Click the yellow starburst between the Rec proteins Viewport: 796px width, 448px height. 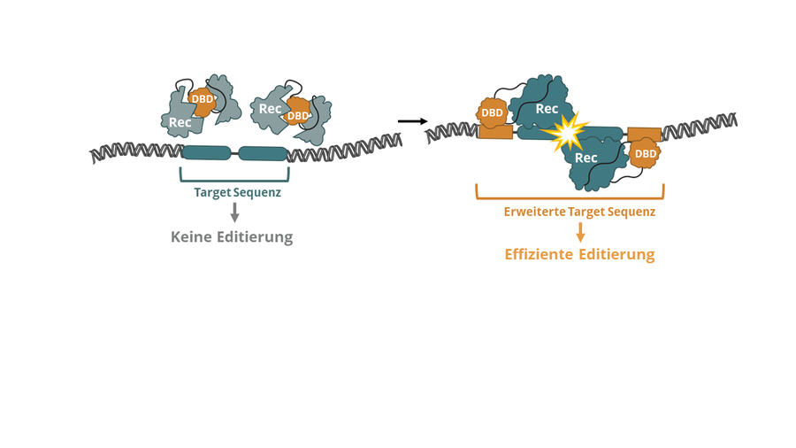click(x=566, y=133)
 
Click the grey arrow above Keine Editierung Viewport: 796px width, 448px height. click(x=234, y=212)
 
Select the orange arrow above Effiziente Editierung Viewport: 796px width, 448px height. click(x=580, y=232)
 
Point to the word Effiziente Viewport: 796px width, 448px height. click(x=539, y=255)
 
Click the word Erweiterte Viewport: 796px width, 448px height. click(x=535, y=212)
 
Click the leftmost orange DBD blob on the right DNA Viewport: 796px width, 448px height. click(x=492, y=112)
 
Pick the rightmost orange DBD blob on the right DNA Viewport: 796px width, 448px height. click(x=646, y=154)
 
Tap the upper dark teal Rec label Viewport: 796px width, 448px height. click(x=547, y=109)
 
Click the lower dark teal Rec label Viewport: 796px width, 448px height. click(x=586, y=158)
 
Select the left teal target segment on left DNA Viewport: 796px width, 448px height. click(x=206, y=152)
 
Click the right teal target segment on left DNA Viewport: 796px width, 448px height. click(x=264, y=153)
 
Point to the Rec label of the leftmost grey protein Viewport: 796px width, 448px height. click(x=180, y=122)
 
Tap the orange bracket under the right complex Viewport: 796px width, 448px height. click(x=570, y=196)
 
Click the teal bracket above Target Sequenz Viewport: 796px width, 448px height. click(x=234, y=177)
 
